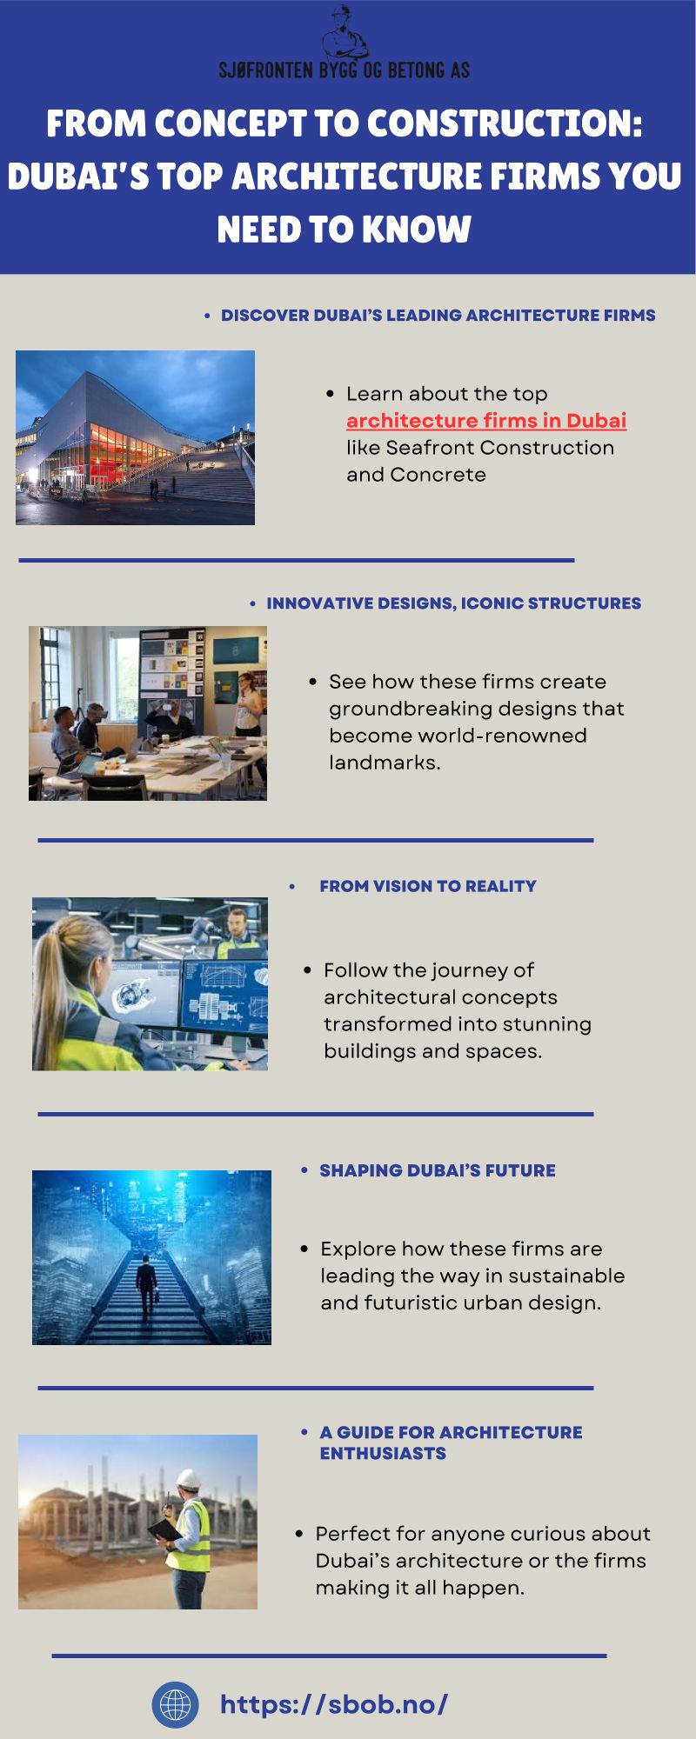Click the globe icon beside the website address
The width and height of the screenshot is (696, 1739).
[x=175, y=1704]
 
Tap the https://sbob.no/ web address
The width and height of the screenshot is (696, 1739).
[x=334, y=1704]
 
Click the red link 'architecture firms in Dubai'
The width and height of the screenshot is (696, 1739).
[x=486, y=421]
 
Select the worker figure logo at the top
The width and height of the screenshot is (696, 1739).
[x=345, y=33]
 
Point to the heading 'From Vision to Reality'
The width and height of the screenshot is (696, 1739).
[x=428, y=886]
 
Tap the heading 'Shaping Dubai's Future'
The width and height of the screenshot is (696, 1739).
[x=438, y=1170]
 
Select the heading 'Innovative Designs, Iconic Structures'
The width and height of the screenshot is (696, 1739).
[x=454, y=603]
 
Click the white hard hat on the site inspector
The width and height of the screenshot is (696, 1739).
[x=189, y=1478]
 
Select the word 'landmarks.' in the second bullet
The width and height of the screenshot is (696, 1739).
[x=385, y=763]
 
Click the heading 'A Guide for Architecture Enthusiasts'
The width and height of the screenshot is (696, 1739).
[x=451, y=1443]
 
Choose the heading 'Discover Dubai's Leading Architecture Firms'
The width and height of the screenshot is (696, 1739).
[x=438, y=316]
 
